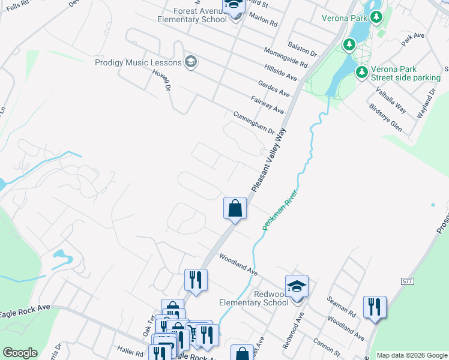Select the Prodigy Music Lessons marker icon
pyautogui.click(x=191, y=62)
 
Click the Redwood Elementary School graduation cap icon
pyautogui.click(x=297, y=286)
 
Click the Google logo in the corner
pyautogui.click(x=20, y=353)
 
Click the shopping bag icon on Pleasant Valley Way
pyautogui.click(x=235, y=208)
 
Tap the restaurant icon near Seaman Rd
pyautogui.click(x=375, y=307)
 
